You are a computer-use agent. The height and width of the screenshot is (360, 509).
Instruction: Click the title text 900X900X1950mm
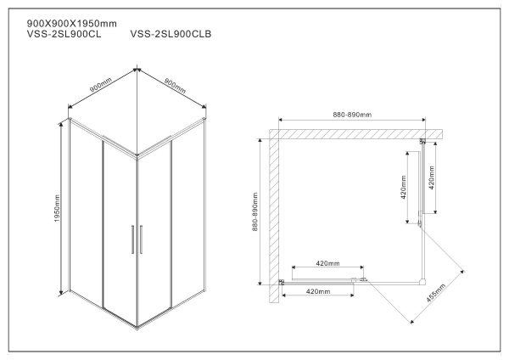click(x=72, y=22)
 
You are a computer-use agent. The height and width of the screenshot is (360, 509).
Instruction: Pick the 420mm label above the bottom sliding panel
click(x=327, y=263)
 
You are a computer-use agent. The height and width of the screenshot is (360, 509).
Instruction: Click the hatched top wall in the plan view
click(x=356, y=134)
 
